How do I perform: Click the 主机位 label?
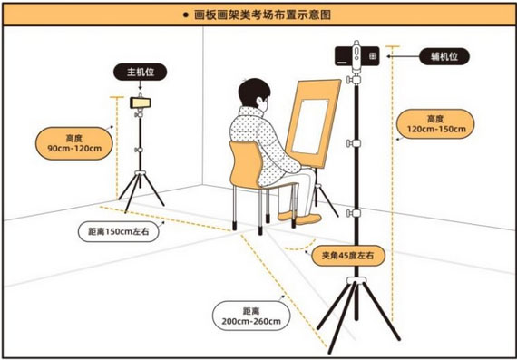[140, 72]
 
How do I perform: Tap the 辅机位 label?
[444, 56]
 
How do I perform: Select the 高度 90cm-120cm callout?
[74, 143]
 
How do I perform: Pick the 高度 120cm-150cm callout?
[436, 123]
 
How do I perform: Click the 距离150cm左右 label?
[119, 231]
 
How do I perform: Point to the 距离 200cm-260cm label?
[251, 316]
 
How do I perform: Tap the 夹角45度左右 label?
[348, 256]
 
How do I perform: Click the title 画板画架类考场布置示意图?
[262, 15]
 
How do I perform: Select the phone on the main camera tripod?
[140, 102]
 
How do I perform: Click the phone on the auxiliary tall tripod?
[357, 56]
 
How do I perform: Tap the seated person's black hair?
[254, 92]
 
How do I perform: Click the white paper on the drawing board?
[310, 126]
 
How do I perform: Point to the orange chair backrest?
[247, 165]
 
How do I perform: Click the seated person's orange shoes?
[299, 218]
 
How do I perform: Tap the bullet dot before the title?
[185, 15]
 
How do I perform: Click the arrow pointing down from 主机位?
[140, 85]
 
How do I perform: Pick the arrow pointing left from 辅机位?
[403, 56]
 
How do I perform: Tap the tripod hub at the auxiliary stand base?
[356, 280]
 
